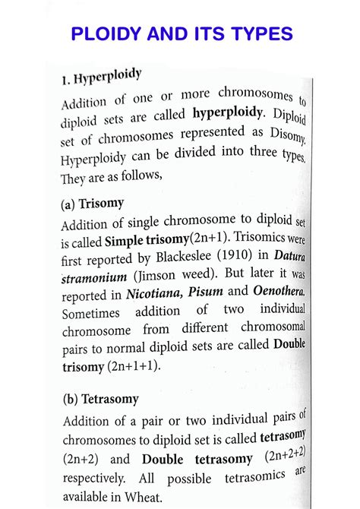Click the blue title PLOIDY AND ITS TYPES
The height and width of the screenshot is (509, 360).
[180, 34]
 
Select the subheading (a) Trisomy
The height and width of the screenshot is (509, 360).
[92, 204]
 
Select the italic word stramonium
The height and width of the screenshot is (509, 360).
[96, 278]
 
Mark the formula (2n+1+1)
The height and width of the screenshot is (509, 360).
[134, 366]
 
